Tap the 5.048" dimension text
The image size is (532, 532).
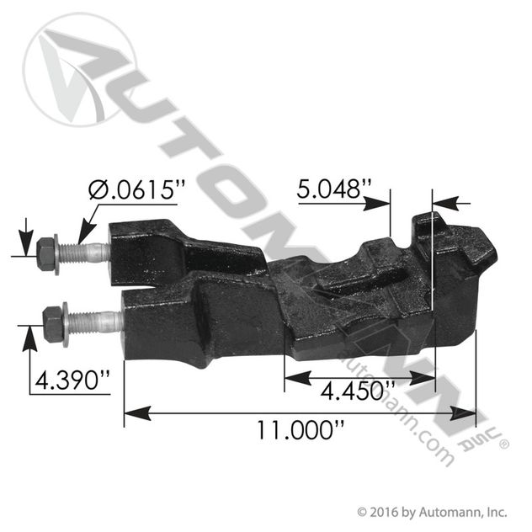coord(334,189)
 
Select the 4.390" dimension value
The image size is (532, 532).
coord(72,380)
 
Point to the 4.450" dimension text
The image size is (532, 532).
coord(358,391)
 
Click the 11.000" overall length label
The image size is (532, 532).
coord(301,429)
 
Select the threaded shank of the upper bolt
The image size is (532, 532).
coord(85,252)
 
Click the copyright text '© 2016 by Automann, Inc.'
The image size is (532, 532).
coord(433,512)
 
